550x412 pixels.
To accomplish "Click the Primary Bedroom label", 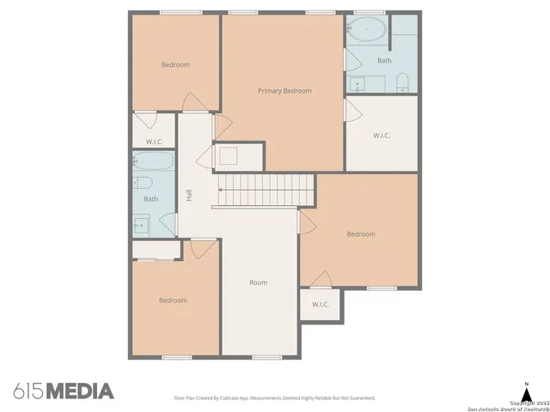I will (x=284, y=91).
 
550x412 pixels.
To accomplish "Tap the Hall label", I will (x=189, y=196).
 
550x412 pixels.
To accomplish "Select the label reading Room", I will (x=258, y=282).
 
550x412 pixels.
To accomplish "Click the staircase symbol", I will (x=264, y=189).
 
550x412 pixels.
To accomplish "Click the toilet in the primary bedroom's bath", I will (x=402, y=82).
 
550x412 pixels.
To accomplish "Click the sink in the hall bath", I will (x=141, y=226).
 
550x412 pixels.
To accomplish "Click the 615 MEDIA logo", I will (x=64, y=391).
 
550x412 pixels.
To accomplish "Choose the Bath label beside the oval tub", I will (x=384, y=61).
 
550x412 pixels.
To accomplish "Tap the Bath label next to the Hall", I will (x=151, y=199).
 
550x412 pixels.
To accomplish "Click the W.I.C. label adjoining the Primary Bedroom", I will (x=382, y=136).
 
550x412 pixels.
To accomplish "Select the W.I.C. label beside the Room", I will (x=320, y=305).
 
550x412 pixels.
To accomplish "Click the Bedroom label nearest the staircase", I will (x=361, y=234).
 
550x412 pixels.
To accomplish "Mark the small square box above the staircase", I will (x=228, y=155).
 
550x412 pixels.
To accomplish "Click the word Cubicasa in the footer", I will (x=235, y=398).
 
